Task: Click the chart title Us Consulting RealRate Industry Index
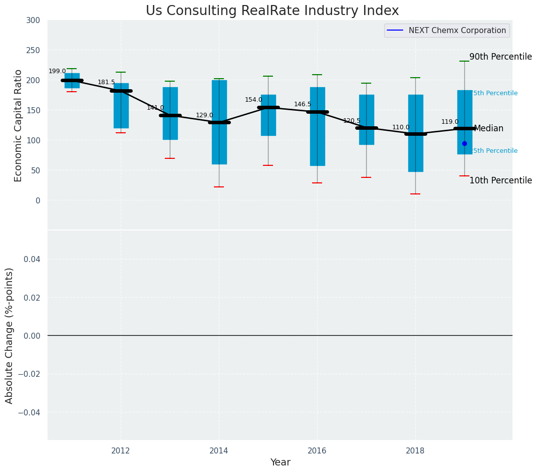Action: pyautogui.click(x=272, y=11)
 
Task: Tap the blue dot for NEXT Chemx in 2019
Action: pyautogui.click(x=464, y=144)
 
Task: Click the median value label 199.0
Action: pyautogui.click(x=57, y=72)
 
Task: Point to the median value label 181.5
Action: pyautogui.click(x=106, y=83)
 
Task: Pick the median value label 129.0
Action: pyautogui.click(x=204, y=116)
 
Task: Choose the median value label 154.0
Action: pyautogui.click(x=253, y=100)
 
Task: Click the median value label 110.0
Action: pyautogui.click(x=401, y=128)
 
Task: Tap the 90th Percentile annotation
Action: pyautogui.click(x=500, y=57)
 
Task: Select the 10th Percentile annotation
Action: pyautogui.click(x=500, y=181)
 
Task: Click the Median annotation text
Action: pyautogui.click(x=488, y=129)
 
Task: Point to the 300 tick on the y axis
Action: pyautogui.click(x=33, y=20)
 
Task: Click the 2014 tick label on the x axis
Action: pyautogui.click(x=219, y=451)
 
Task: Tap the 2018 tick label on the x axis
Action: pyautogui.click(x=415, y=451)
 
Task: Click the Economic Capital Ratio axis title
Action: pyautogui.click(x=19, y=125)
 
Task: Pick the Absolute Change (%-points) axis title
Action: pyautogui.click(x=10, y=335)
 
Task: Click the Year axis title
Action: pyautogui.click(x=280, y=462)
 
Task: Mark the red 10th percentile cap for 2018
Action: pyautogui.click(x=415, y=194)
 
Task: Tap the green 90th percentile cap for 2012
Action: pyautogui.click(x=121, y=72)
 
